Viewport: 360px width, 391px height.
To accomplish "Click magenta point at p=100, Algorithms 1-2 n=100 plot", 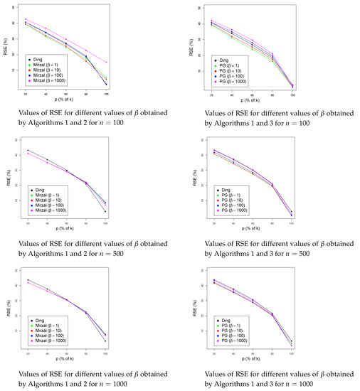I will tap(106, 62).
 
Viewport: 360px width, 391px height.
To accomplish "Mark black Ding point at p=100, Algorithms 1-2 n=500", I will tap(106, 212).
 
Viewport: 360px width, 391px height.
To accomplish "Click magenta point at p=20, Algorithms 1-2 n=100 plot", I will tap(26, 19).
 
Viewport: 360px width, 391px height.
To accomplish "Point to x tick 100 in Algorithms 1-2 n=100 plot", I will tap(106, 93).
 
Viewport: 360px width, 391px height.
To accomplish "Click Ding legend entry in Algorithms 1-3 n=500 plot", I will tap(223, 189).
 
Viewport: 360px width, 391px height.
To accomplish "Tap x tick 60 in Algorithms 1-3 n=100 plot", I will tap(251, 93).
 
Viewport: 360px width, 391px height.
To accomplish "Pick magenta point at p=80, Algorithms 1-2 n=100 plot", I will tap(86, 50).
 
